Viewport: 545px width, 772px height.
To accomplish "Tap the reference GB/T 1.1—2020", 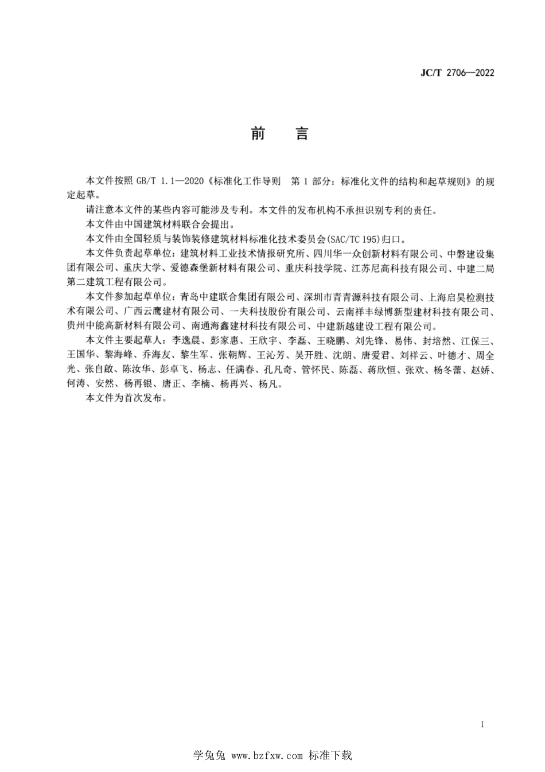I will tap(170, 181).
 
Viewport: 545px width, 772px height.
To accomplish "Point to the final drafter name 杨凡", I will tap(268, 385).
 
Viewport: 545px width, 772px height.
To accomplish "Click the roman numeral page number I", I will tap(482, 724).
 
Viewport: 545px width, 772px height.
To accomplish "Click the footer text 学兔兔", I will tap(209, 755).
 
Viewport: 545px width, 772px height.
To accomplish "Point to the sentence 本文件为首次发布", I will tap(124, 399).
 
